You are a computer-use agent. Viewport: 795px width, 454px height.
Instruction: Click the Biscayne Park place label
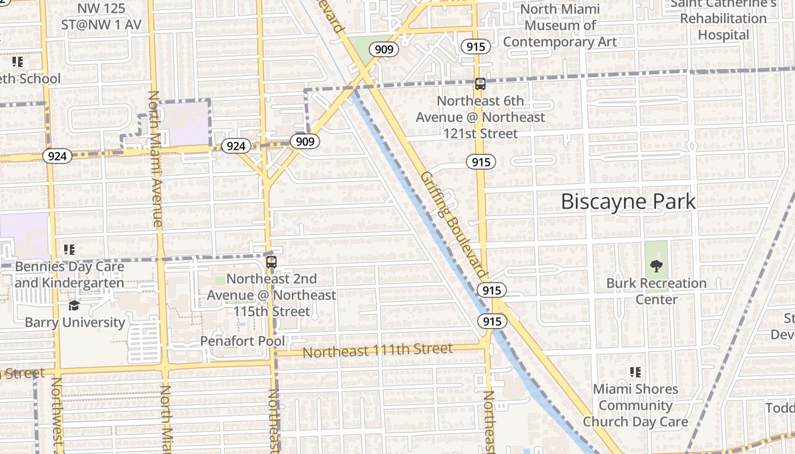pos(628,201)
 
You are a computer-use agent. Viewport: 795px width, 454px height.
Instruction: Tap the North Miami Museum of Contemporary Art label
pos(560,26)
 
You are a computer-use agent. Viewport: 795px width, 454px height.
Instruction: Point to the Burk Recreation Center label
pos(656,291)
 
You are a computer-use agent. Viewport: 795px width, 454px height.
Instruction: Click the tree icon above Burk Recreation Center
pos(656,265)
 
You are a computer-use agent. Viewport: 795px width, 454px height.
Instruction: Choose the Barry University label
pos(75,322)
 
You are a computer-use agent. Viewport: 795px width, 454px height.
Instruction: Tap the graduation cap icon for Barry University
pos(74,306)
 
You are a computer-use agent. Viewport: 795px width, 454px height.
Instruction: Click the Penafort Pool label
pos(242,341)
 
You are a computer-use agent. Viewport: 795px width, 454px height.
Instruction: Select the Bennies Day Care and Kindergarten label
pos(69,275)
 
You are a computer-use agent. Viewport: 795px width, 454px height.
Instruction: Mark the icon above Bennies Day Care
pos(69,249)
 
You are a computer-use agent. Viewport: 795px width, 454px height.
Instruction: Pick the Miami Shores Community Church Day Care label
pos(635,405)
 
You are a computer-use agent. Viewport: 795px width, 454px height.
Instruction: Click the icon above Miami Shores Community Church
pos(635,372)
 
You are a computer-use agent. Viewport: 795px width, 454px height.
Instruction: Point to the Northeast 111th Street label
pos(378,351)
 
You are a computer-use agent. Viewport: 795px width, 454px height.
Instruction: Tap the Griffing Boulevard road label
pos(454,224)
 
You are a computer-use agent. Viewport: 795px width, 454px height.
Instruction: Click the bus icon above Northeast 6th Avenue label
pos(480,84)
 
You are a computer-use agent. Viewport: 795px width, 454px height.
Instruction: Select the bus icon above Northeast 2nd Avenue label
pos(271,262)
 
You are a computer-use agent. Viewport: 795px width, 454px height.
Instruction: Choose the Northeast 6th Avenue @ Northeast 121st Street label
pos(480,117)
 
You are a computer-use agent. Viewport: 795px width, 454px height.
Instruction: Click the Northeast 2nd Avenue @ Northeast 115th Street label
pos(271,295)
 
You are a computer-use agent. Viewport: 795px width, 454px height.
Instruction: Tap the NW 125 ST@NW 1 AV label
pos(102,17)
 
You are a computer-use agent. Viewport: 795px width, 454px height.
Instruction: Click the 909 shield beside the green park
pos(384,49)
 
